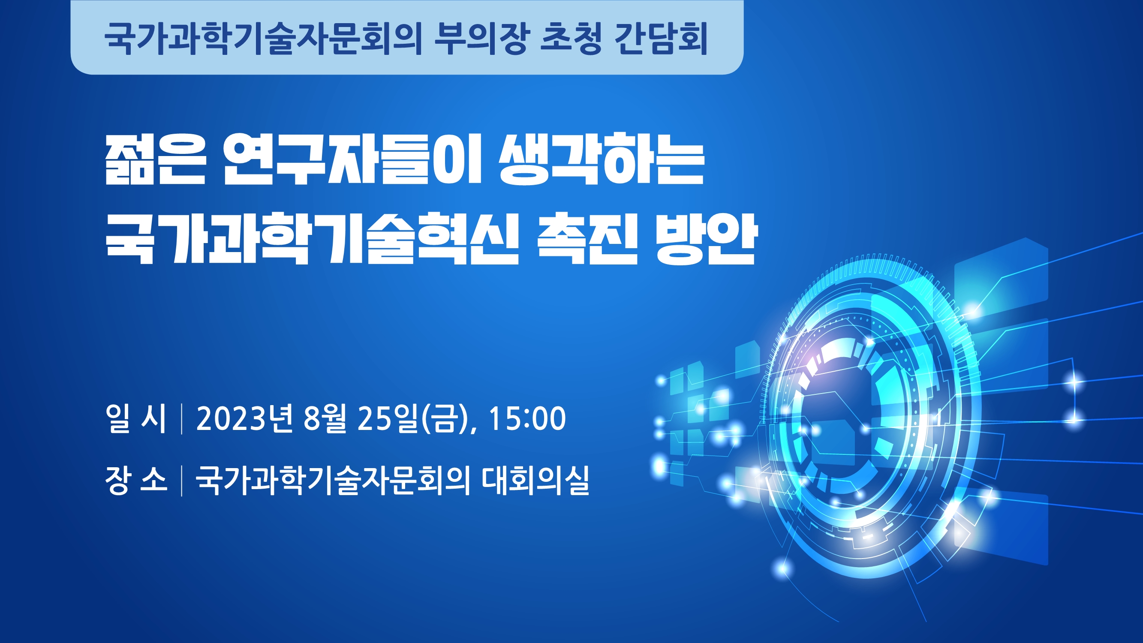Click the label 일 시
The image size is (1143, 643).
click(x=136, y=418)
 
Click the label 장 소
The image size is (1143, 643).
click(x=136, y=480)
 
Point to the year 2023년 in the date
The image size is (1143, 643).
click(x=244, y=418)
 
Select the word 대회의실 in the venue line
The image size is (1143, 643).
click(x=535, y=480)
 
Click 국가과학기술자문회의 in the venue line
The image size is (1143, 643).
click(x=333, y=480)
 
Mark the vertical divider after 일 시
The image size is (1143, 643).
click(x=182, y=418)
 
